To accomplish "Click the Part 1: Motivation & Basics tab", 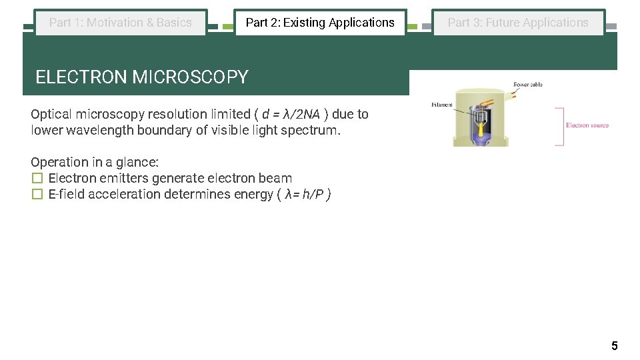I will [121, 23].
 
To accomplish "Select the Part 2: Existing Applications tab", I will [320, 23].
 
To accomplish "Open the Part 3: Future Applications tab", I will [518, 23].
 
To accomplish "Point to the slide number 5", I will [614, 345].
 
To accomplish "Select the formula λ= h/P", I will [305, 195].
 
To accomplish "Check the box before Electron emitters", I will [37, 179].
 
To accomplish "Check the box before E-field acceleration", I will [37, 195].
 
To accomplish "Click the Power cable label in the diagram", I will [528, 85].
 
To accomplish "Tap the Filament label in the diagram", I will [442, 105].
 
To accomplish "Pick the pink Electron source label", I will [587, 125].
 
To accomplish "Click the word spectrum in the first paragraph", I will [314, 131].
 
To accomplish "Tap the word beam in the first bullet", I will [277, 179].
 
